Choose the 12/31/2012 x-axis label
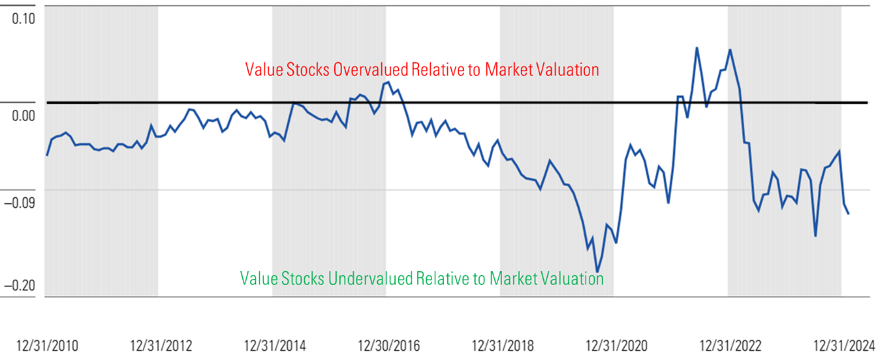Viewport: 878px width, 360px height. click(x=161, y=345)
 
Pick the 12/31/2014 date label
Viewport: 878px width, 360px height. click(x=275, y=345)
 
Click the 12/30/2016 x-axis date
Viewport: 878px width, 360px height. click(x=389, y=345)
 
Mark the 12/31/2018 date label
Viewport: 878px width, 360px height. click(x=503, y=345)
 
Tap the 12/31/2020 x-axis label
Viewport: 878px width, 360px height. click(x=617, y=345)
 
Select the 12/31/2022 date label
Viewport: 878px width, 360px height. click(x=730, y=345)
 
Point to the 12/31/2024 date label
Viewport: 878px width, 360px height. click(x=844, y=345)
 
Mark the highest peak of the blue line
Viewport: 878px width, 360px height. click(x=697, y=48)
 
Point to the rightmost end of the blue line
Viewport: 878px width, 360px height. click(x=849, y=213)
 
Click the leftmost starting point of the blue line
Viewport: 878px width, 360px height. click(x=47, y=155)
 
